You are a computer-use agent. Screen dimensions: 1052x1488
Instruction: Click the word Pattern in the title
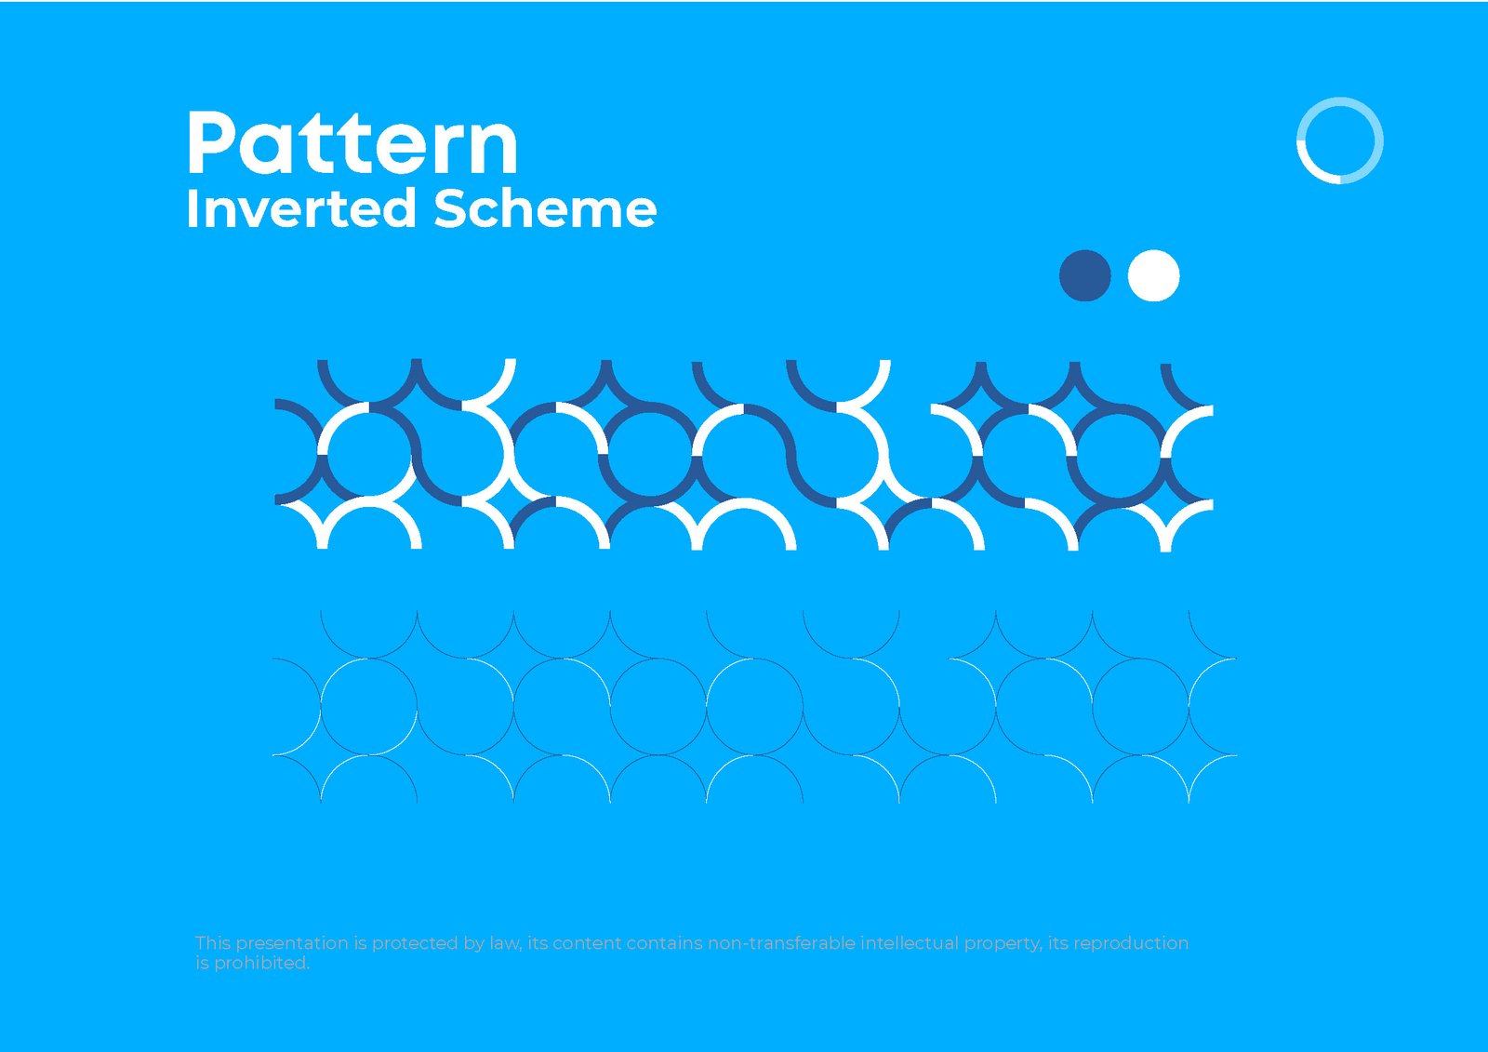(x=352, y=143)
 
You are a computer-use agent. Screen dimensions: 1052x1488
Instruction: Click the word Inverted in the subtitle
(x=300, y=208)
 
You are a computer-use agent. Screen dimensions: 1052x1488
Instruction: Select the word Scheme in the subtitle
(x=545, y=208)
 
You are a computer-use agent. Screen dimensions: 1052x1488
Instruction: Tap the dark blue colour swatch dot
(x=1085, y=275)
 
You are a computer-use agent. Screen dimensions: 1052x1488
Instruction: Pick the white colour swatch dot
(x=1153, y=275)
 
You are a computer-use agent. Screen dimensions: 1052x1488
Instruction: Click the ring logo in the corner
(x=1339, y=140)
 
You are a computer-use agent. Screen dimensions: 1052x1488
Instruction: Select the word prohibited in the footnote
(x=261, y=964)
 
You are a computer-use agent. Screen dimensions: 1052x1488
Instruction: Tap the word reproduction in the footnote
(x=1131, y=943)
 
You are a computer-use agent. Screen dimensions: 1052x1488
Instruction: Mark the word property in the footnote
(x=1002, y=944)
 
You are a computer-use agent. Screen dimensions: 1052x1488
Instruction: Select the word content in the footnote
(x=587, y=943)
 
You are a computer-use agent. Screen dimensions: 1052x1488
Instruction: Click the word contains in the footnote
(x=664, y=943)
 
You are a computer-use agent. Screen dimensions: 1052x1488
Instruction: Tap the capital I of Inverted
(x=191, y=208)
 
